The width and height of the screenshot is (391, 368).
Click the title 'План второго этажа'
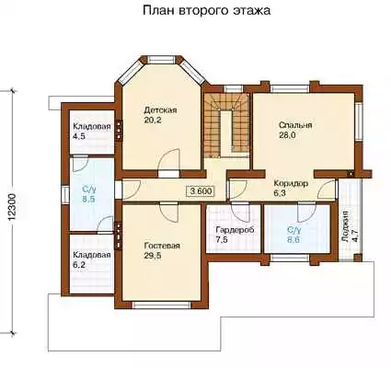coord(207,10)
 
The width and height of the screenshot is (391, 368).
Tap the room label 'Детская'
coord(160,110)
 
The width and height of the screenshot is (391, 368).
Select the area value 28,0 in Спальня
coord(287,135)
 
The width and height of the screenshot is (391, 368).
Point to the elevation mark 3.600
coord(201,191)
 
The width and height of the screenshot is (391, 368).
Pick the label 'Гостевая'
coord(162,246)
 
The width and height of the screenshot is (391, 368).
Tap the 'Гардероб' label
coord(235,230)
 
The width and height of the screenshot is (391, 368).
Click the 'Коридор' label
coord(291,184)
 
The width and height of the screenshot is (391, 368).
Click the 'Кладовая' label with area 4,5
coord(92,126)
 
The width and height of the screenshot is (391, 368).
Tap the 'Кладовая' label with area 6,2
coord(92,255)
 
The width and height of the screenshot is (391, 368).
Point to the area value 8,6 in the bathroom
coord(293,239)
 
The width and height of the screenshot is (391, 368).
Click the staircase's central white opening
coord(227,132)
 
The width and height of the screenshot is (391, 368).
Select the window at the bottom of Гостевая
coord(162,305)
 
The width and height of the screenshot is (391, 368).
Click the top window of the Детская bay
coord(162,59)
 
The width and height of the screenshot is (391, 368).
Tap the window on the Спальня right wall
coord(359,121)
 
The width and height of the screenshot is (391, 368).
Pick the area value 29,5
coord(153,256)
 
